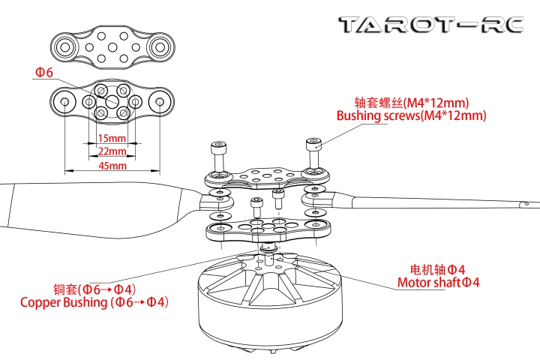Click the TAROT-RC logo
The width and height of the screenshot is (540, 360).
pyautogui.click(x=430, y=25)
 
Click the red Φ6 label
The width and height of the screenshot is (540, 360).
pyautogui.click(x=43, y=73)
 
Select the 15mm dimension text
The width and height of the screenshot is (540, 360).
pyautogui.click(x=112, y=139)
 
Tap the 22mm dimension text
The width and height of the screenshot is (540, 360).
pyautogui.click(x=112, y=151)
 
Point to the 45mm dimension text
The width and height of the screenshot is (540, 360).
pyautogui.click(x=112, y=166)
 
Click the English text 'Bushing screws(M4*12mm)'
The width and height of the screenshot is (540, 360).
pyautogui.click(x=411, y=116)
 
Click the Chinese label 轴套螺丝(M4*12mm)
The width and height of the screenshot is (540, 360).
pyautogui.click(x=411, y=102)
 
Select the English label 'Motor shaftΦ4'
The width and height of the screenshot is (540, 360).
pyautogui.click(x=438, y=283)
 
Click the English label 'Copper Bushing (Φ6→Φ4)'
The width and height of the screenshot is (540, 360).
pyautogui.click(x=94, y=302)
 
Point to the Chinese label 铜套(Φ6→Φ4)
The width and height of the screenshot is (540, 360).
pyautogui.click(x=94, y=289)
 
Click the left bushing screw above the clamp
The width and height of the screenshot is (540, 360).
pyautogui.click(x=219, y=154)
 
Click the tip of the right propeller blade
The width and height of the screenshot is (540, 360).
pyautogui.click(x=527, y=204)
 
